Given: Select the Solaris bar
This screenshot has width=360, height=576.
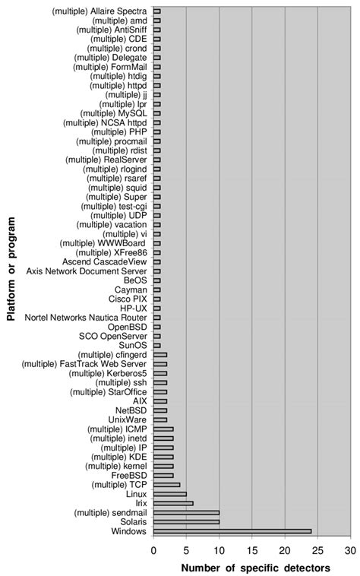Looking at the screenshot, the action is pyautogui.click(x=186, y=522).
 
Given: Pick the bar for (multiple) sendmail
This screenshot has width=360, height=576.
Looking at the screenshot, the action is pyautogui.click(x=186, y=512).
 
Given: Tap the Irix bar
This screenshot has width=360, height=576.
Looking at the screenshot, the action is pyautogui.click(x=173, y=503).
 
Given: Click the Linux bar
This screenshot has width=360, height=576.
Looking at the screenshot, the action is pyautogui.click(x=169, y=494).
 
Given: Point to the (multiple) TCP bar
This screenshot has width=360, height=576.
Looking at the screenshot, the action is pyautogui.click(x=166, y=484).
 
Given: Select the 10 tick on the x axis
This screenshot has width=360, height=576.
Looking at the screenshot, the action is pyautogui.click(x=219, y=549).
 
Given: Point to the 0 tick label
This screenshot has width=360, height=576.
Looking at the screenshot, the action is pyautogui.click(x=153, y=549).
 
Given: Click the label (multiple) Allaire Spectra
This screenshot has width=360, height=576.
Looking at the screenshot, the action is pyautogui.click(x=100, y=11).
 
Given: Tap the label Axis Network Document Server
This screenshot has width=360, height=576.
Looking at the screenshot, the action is pyautogui.click(x=87, y=271).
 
